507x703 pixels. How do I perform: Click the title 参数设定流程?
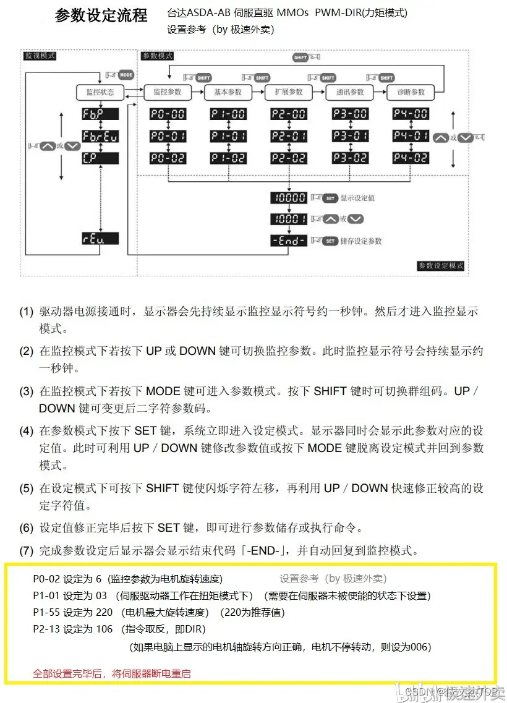pyautogui.click(x=101, y=15)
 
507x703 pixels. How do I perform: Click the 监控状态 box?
pyautogui.click(x=100, y=92)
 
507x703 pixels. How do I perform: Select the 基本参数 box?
pyautogui.click(x=228, y=92)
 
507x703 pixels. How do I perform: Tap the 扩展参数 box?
pyautogui.click(x=288, y=92)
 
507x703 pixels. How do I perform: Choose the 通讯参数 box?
pyautogui.click(x=350, y=92)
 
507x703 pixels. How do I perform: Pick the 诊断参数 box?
pyautogui.click(x=411, y=92)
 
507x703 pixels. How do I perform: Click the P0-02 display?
pyautogui.click(x=168, y=158)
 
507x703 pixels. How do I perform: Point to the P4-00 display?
pyautogui.click(x=411, y=114)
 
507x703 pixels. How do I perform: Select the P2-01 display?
pyautogui.click(x=288, y=136)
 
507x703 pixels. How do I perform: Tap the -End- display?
pyautogui.click(x=288, y=241)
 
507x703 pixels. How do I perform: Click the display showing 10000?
pyautogui.click(x=288, y=198)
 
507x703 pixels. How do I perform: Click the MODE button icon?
pyautogui.click(x=126, y=74)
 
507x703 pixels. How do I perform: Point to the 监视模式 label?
pyautogui.click(x=40, y=56)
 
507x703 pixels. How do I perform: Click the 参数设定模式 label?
pyautogui.click(x=440, y=266)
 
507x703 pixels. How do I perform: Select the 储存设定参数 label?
pyautogui.click(x=361, y=241)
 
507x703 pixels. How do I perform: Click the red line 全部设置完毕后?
pyautogui.click(x=111, y=673)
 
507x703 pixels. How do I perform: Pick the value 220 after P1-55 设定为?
pyautogui.click(x=104, y=612)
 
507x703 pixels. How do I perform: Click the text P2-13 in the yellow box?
pyautogui.click(x=47, y=629)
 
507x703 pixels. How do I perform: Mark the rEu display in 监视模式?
pyautogui.click(x=100, y=239)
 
